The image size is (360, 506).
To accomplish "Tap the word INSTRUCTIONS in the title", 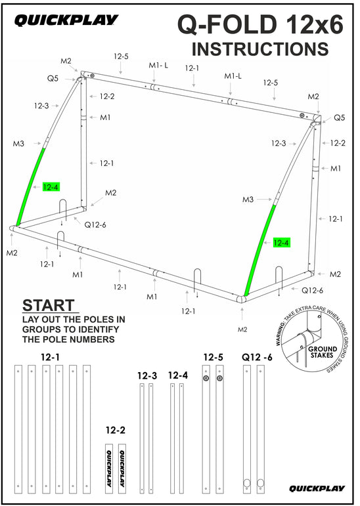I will point(259,49).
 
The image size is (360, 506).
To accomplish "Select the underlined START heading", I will point(49,306).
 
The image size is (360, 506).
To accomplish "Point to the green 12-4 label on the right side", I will point(281,243).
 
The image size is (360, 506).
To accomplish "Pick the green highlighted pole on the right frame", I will point(261,249).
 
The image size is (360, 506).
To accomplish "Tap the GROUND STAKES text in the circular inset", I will point(323,352).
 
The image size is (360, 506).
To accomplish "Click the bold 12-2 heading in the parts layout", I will point(116,430).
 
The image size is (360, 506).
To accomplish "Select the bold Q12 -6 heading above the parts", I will point(257,358).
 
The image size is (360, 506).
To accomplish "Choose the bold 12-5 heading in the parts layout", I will point(213,358).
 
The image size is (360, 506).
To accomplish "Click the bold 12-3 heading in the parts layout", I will point(147,376).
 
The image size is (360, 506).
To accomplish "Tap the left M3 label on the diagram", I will point(18,143).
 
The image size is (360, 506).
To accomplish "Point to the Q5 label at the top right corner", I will point(339,118).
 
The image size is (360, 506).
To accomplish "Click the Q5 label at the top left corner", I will point(53,77).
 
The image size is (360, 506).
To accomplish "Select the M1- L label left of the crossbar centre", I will point(158,65).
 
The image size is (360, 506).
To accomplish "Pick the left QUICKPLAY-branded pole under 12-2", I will point(107,469).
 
